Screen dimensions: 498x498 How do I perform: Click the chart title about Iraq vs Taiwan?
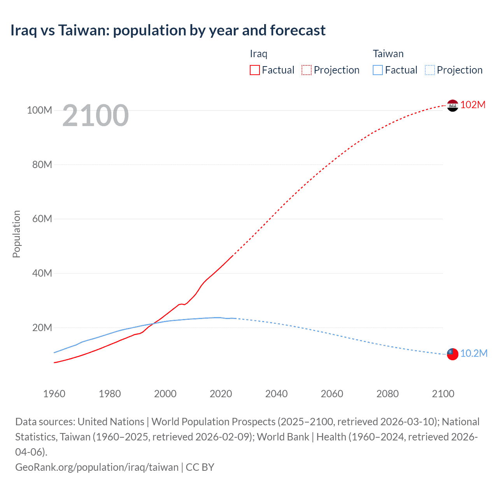(168, 30)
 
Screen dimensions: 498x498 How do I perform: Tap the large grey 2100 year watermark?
(95, 116)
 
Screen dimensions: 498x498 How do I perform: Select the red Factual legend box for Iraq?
(254, 70)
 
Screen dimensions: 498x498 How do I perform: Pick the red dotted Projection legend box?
(307, 70)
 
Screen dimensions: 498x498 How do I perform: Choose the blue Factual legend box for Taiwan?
(377, 70)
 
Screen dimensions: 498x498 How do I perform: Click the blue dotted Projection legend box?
(430, 70)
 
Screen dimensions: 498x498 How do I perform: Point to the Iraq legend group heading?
(258, 54)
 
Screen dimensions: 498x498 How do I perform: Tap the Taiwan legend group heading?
(388, 54)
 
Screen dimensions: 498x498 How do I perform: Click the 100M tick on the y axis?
(39, 110)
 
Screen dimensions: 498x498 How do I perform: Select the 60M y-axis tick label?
(42, 219)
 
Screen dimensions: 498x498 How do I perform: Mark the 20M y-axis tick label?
(42, 328)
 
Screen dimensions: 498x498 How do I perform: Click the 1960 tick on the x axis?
(54, 394)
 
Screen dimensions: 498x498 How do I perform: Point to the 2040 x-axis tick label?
(276, 394)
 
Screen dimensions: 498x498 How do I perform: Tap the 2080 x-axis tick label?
(388, 394)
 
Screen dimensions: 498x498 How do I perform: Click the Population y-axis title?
(16, 234)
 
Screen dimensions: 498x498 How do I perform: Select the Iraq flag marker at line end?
(452, 105)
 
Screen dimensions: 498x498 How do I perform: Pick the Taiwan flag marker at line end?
(452, 354)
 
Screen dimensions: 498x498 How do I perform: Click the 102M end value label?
(473, 105)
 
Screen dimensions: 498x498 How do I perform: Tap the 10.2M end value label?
(473, 353)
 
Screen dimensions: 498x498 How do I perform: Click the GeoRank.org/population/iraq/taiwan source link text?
(96, 467)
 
